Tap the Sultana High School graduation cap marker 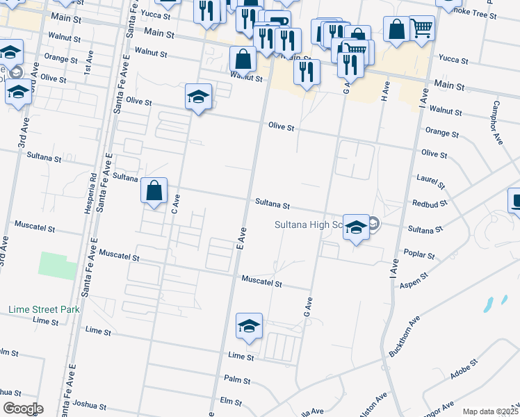click(356, 228)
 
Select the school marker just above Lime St click(249, 327)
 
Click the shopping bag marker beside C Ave click(154, 191)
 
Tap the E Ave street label click(242, 237)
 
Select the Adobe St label click(464, 369)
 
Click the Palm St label click(237, 379)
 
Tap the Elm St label click(230, 402)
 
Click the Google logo click(23, 409)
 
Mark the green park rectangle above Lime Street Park click(58, 266)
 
